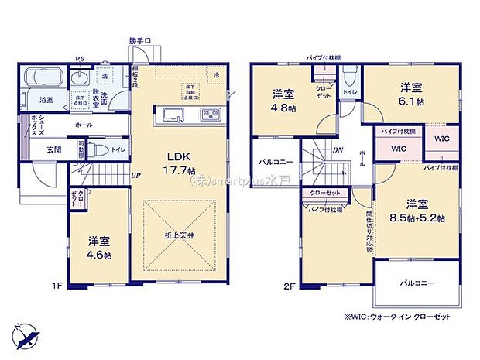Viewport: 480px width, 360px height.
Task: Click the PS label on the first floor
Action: pos(81,58)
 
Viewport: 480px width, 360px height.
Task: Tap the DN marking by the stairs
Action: pos(338,151)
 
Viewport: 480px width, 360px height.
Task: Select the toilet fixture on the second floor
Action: pos(351,77)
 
